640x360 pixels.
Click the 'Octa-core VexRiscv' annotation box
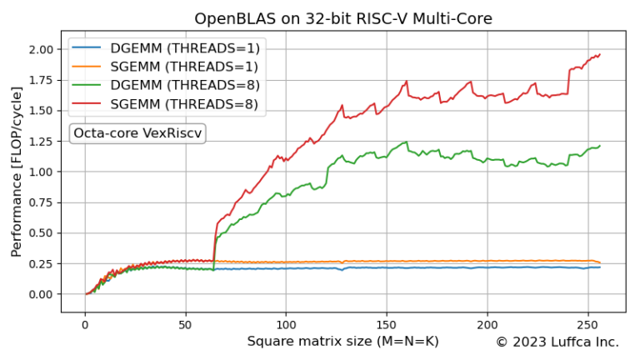pos(137,133)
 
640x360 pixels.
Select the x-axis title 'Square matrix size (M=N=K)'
pos(342,342)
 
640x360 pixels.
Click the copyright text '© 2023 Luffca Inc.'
pos(557,342)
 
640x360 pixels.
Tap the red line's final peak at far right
pos(599,55)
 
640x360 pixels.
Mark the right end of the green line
pos(600,146)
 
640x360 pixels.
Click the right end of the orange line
pos(600,263)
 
